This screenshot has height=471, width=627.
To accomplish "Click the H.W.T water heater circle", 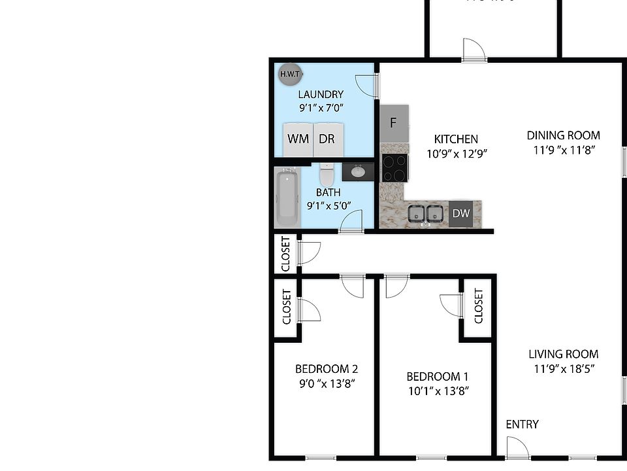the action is click(289, 74).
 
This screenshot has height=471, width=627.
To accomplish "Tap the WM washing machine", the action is click(298, 139).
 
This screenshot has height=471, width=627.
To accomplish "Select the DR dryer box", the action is click(327, 139).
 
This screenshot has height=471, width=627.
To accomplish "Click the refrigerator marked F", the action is click(394, 123).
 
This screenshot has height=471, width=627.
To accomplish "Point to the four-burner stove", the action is click(394, 167).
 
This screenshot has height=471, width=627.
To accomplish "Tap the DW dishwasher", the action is click(462, 213).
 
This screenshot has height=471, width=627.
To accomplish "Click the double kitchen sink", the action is click(425, 214).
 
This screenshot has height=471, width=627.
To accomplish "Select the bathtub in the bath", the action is click(287, 196).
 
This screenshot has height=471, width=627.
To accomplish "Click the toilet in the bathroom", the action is click(327, 174).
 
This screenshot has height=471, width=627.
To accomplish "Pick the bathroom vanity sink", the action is click(358, 172).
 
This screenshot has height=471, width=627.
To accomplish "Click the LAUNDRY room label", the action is click(321, 94).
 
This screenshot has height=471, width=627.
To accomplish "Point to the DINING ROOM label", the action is click(564, 135).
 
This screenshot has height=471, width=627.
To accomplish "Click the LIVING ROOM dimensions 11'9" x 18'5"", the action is click(564, 368).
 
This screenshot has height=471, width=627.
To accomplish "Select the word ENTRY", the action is click(522, 425).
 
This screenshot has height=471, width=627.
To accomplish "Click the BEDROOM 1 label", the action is click(437, 376).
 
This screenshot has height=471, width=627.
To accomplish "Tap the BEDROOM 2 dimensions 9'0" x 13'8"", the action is click(326, 383).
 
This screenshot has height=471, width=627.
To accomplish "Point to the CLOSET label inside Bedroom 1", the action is click(478, 306).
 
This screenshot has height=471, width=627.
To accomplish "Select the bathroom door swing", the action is click(351, 221).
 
